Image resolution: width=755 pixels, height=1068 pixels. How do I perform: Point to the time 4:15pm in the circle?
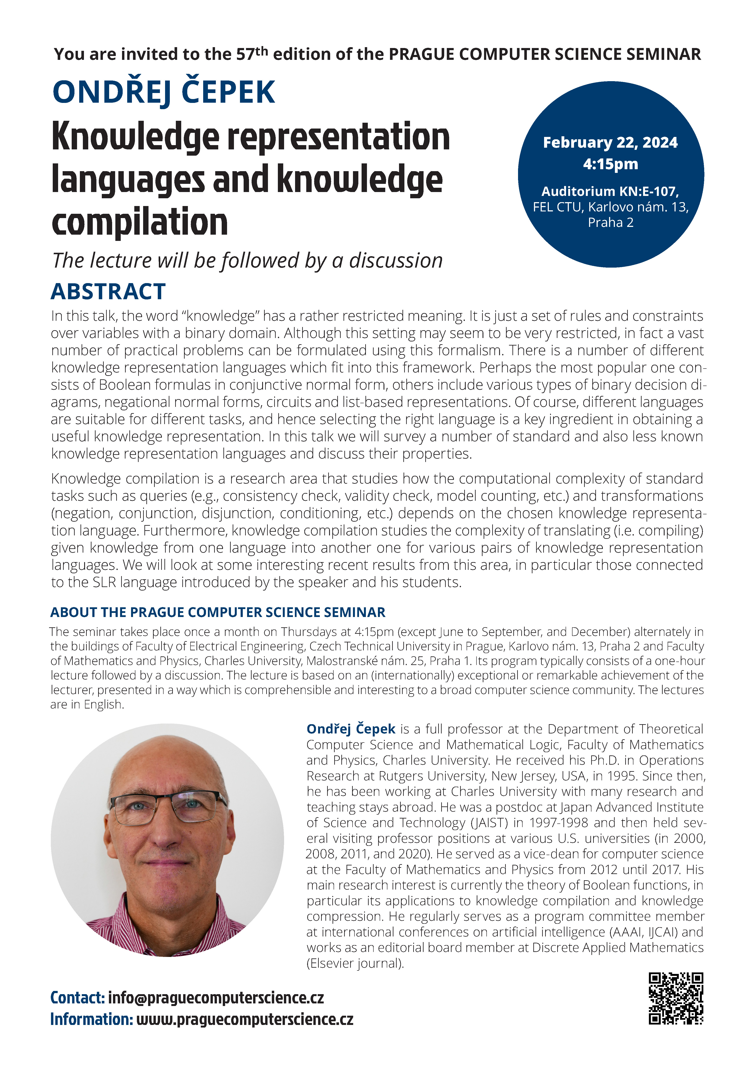[x=610, y=164]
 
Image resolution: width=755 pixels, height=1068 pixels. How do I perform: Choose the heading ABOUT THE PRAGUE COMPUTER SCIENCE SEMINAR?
[x=218, y=612]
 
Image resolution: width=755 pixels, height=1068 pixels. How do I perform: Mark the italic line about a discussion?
[x=247, y=260]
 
